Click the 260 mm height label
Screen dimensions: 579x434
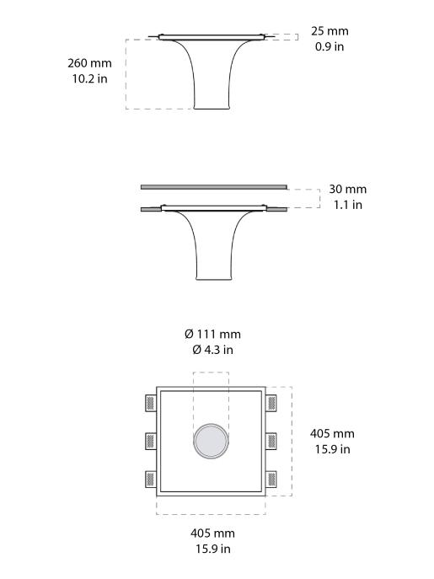pyautogui.click(x=90, y=63)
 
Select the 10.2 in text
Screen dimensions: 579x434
pyautogui.click(x=90, y=79)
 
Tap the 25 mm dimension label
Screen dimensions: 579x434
pyautogui.click(x=330, y=31)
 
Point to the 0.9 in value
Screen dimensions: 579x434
pyautogui.click(x=330, y=46)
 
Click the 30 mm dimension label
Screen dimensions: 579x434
pyautogui.click(x=347, y=190)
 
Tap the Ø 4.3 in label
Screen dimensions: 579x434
pyautogui.click(x=212, y=350)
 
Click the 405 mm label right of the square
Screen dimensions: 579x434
pyautogui.click(x=332, y=433)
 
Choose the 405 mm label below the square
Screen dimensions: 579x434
pyautogui.click(x=212, y=533)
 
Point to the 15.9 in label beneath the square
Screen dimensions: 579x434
pyautogui.click(x=212, y=549)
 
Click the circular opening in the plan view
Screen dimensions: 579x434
pyautogui.click(x=211, y=441)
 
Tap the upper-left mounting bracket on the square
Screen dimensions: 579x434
pyautogui.click(x=151, y=402)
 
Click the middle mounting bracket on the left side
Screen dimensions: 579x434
pyautogui.click(x=151, y=441)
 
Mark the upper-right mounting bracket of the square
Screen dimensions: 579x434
pyautogui.click(x=271, y=402)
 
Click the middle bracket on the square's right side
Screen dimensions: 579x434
pyautogui.click(x=271, y=441)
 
